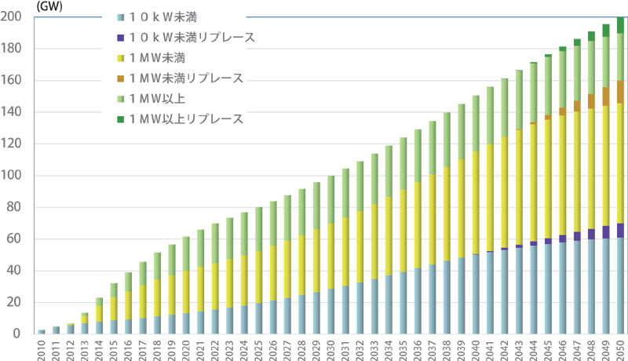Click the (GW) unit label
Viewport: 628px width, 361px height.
point(18,5)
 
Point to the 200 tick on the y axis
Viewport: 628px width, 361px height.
point(13,17)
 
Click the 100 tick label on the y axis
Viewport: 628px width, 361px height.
point(13,176)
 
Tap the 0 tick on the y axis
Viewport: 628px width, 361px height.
point(20,334)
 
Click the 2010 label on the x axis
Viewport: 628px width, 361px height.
point(42,347)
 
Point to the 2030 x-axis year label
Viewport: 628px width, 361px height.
point(331,347)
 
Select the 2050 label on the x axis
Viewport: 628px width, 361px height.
point(620,347)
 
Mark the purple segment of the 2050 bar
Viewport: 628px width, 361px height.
point(620,230)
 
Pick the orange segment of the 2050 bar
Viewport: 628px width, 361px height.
point(620,92)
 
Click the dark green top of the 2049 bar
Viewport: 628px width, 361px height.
point(606,30)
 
